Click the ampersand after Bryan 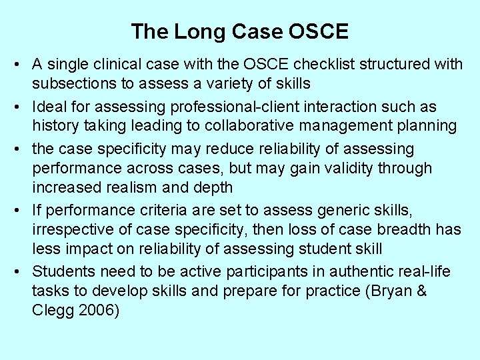click(421, 291)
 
